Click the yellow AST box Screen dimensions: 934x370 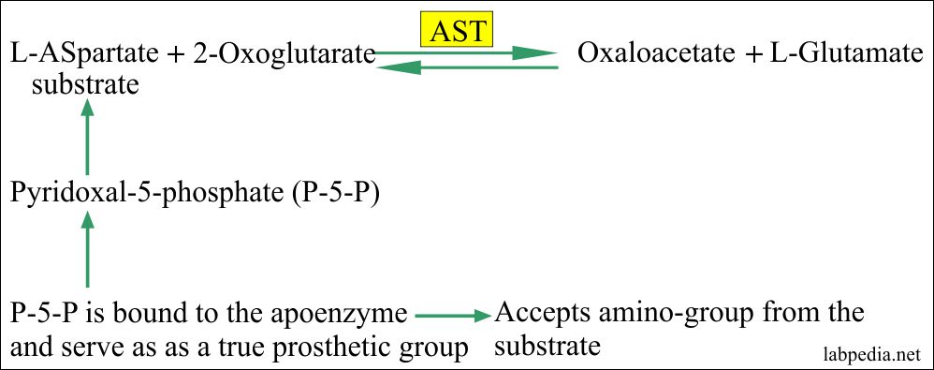(x=457, y=32)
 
